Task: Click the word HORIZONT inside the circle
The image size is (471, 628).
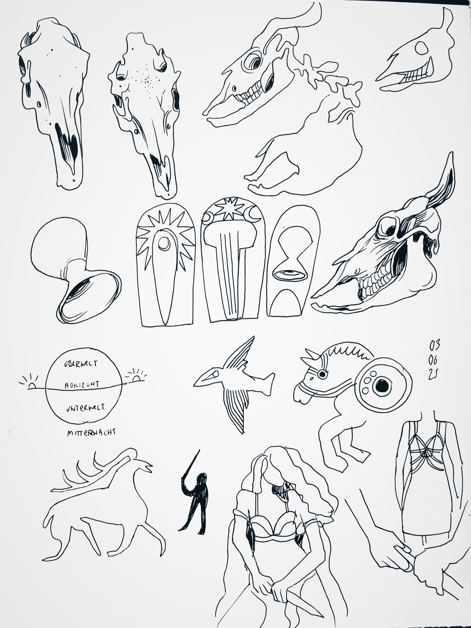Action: coord(82,385)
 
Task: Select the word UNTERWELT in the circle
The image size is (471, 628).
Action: coord(85,408)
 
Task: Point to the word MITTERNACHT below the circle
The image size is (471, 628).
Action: coord(91,433)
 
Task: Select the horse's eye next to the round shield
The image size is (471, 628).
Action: coord(322,374)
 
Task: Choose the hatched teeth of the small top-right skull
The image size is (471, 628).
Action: coord(415,76)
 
